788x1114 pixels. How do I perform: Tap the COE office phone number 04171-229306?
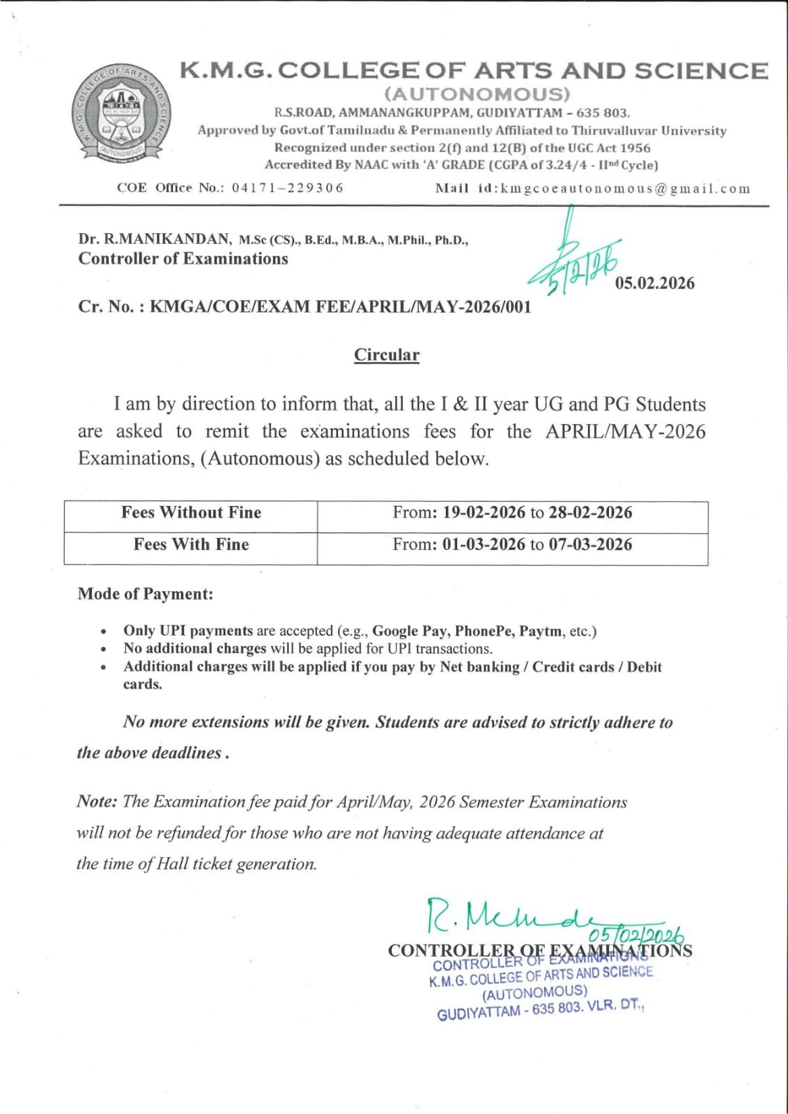[288, 188]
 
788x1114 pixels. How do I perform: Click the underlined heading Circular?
[387, 355]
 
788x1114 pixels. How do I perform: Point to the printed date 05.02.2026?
[654, 283]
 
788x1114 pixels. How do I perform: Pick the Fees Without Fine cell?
[191, 513]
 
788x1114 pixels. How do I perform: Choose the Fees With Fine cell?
[191, 544]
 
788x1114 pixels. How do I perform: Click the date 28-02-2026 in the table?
[590, 513]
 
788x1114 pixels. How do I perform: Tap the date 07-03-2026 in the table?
[590, 544]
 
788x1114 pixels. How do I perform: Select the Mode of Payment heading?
[146, 594]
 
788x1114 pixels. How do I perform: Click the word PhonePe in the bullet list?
[484, 631]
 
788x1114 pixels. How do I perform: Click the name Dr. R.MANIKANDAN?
[155, 240]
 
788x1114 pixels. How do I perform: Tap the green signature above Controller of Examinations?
[509, 916]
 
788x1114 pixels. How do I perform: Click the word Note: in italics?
[97, 801]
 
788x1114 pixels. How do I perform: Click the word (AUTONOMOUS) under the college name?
[477, 94]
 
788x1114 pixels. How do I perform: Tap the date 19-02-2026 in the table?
[484, 513]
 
